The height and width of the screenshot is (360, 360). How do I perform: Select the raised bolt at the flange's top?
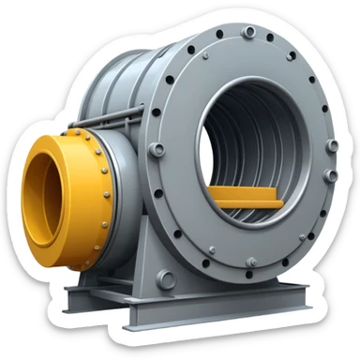tap(248, 33)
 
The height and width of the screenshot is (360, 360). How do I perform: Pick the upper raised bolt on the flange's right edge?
tap(331, 146)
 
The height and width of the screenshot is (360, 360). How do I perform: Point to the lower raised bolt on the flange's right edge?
tap(328, 175)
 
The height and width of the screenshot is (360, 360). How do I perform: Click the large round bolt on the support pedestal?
tap(166, 278)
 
